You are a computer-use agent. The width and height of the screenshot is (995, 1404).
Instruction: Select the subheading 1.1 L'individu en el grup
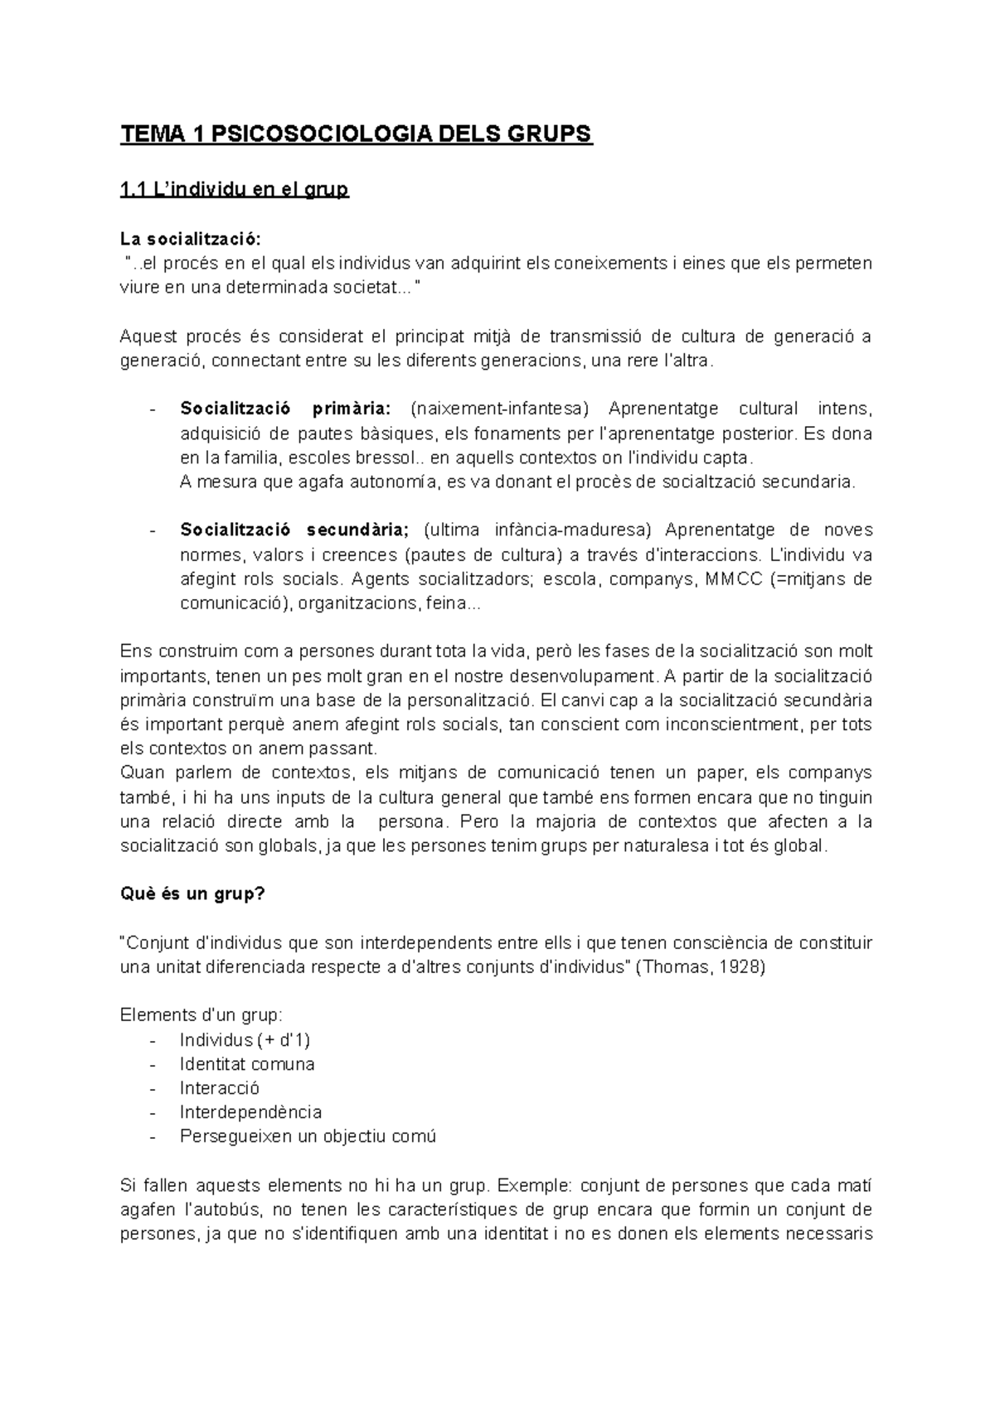[x=235, y=191]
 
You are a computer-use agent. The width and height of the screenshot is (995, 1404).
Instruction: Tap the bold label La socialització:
[x=190, y=240]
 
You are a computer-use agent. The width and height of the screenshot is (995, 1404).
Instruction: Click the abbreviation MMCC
[x=732, y=579]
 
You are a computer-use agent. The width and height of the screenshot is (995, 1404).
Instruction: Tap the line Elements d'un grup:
[x=201, y=1015]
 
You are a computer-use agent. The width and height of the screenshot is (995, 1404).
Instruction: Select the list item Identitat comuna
[x=247, y=1064]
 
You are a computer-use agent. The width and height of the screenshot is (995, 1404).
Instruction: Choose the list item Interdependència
[x=250, y=1112]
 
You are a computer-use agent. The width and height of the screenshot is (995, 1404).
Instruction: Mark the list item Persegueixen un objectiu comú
[x=308, y=1136]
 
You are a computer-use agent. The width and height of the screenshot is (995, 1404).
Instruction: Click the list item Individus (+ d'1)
[x=245, y=1040]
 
